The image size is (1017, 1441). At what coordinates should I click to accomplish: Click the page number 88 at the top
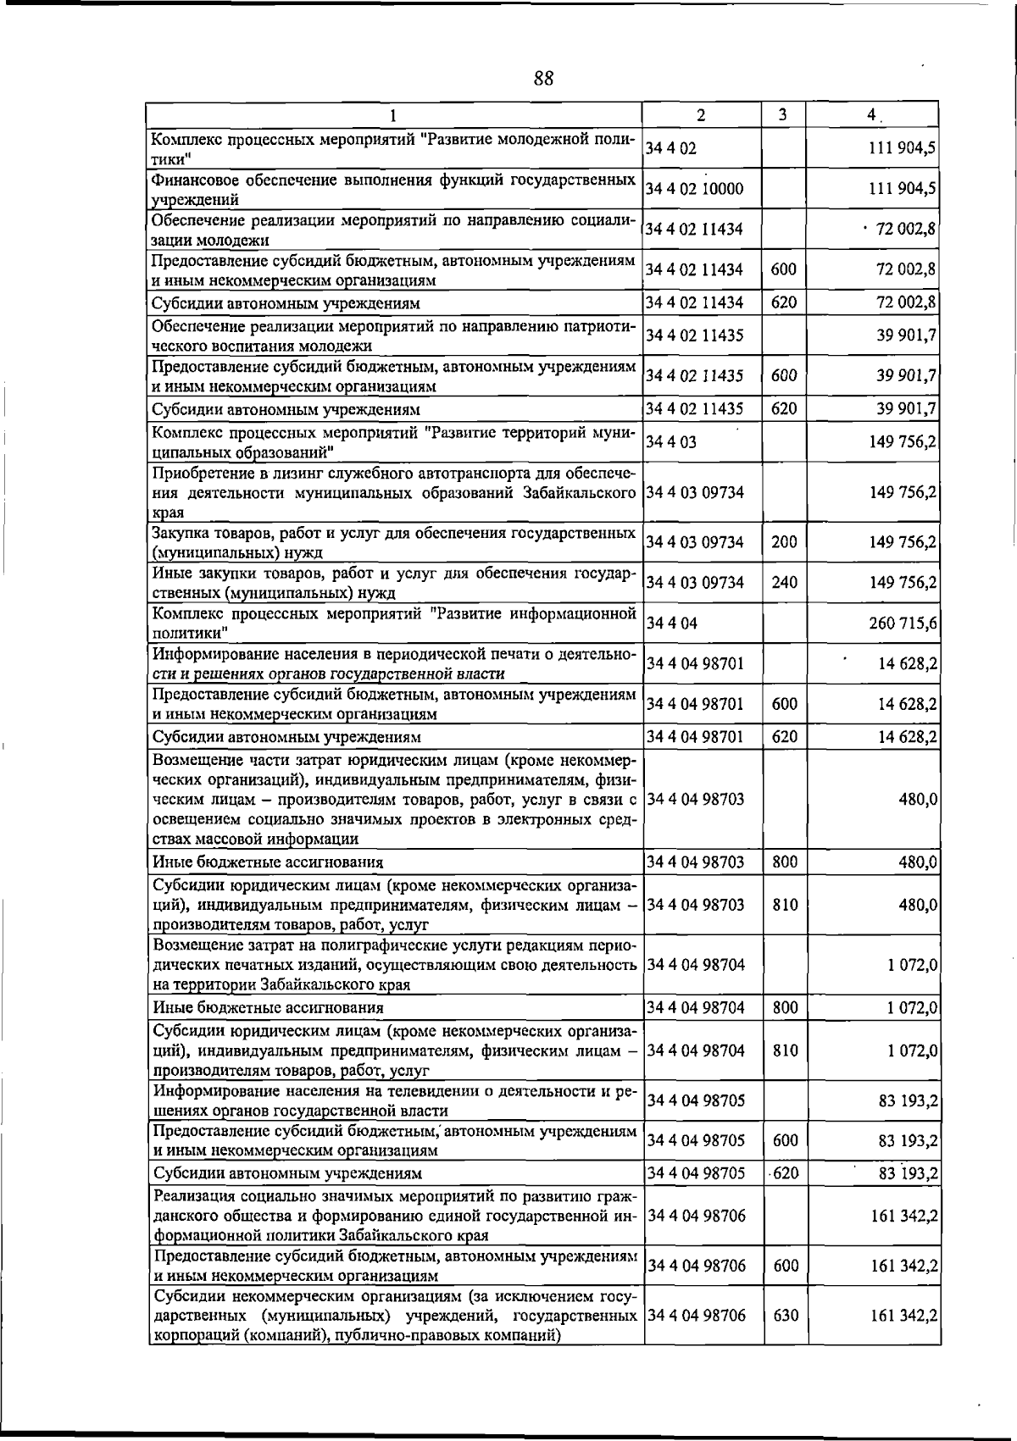[x=543, y=79]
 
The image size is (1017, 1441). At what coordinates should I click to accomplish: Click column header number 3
[x=783, y=114]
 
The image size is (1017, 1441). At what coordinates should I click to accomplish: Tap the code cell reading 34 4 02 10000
[x=694, y=188]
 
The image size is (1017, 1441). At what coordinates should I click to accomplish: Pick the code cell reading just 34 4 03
[x=671, y=441]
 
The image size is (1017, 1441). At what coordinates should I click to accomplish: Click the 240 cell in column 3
[x=784, y=583]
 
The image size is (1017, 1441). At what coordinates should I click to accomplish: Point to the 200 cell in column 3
[x=784, y=542]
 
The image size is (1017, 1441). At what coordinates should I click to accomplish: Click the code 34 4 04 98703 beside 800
[x=695, y=862]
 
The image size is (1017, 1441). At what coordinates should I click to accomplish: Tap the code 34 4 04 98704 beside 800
[x=695, y=1008]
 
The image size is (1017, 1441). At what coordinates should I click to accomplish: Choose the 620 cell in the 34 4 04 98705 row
[x=786, y=1173]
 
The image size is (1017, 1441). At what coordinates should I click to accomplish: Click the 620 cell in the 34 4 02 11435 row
[x=784, y=409]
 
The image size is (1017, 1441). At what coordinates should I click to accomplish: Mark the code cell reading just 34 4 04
[x=671, y=624]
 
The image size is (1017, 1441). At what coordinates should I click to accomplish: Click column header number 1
[x=393, y=114]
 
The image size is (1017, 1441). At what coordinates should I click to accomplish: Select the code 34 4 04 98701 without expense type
[x=695, y=663]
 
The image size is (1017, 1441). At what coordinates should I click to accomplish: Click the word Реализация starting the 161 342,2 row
[x=193, y=1195]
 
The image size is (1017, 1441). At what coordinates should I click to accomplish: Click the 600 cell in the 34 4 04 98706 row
[x=786, y=1265]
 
